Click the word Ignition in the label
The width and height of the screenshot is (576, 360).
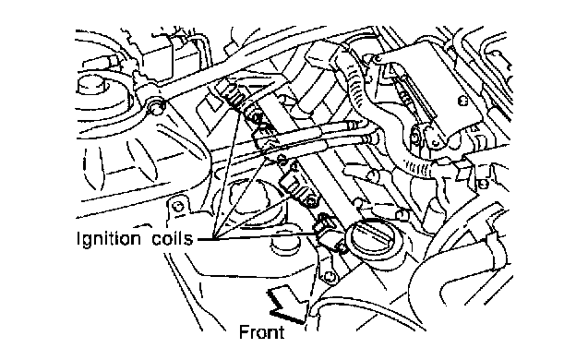109,239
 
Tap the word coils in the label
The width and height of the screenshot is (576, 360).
173,238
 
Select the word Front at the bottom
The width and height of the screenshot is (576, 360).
261,332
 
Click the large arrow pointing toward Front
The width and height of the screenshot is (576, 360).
289,303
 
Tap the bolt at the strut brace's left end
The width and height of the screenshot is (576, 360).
155,107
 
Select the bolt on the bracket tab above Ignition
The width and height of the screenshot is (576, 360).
179,207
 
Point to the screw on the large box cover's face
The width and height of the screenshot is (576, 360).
462,100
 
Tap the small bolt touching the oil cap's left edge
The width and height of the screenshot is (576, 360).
343,249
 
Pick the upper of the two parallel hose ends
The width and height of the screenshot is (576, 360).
352,126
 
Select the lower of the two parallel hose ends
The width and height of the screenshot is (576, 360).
369,138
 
